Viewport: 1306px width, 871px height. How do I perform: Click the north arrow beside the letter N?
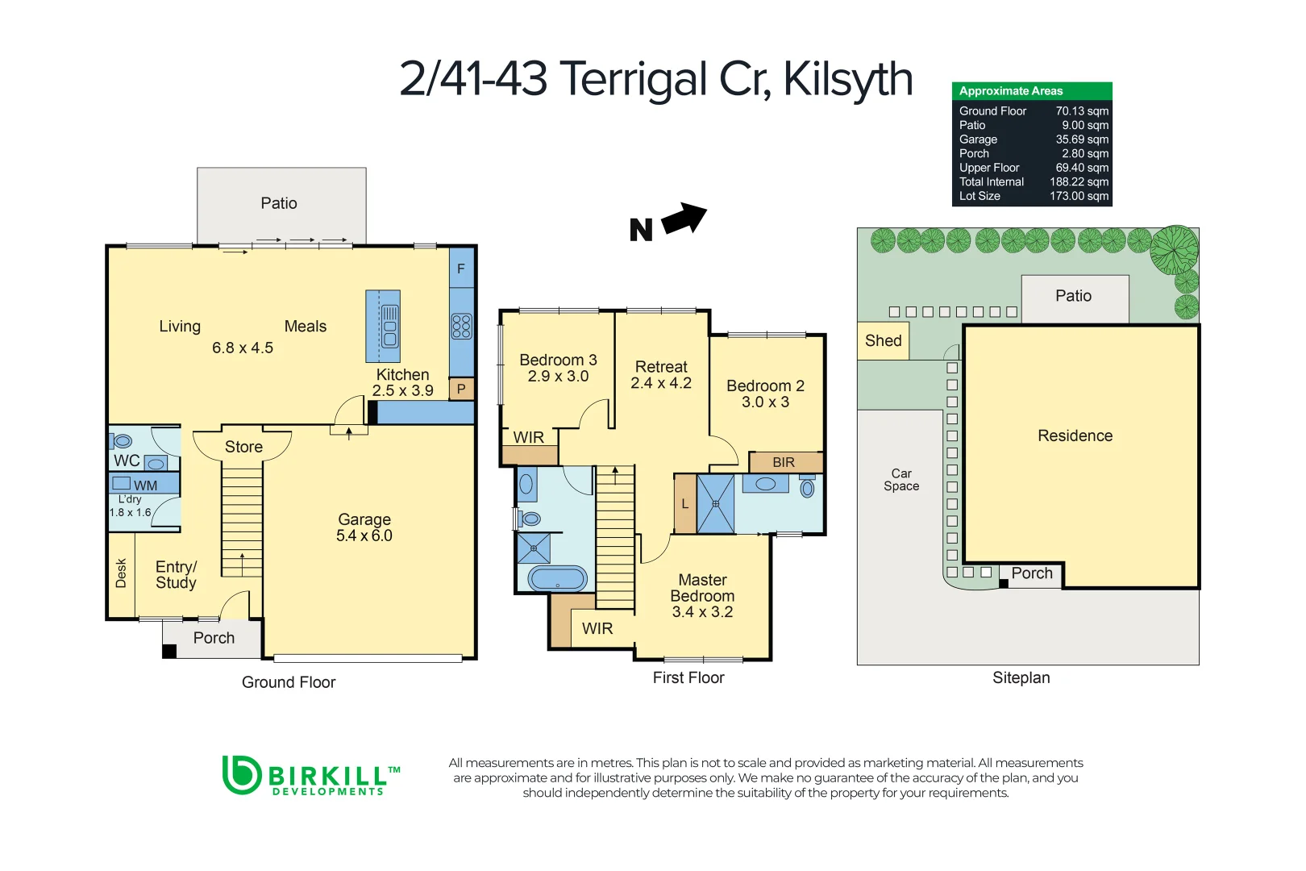click(x=684, y=219)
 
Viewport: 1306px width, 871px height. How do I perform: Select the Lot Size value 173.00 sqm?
click(x=1079, y=196)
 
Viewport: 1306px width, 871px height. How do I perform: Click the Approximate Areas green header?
click(x=1031, y=91)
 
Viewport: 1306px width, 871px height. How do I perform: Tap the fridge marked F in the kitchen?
click(x=461, y=269)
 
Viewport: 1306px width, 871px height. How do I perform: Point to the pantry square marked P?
click(x=461, y=389)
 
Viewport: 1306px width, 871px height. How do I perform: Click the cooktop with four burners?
click(x=461, y=326)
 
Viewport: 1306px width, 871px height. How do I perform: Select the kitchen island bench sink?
click(x=389, y=326)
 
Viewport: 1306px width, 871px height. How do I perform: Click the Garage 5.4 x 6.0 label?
click(x=364, y=527)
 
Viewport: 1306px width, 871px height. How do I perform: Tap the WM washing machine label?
click(x=145, y=485)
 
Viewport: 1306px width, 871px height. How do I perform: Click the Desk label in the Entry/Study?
click(x=121, y=573)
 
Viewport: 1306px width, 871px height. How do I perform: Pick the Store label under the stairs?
click(x=243, y=447)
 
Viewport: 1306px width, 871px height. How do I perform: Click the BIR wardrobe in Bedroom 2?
click(x=784, y=462)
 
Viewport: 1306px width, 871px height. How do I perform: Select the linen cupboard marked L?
click(x=685, y=504)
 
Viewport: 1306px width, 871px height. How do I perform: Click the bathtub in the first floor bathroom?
click(x=557, y=578)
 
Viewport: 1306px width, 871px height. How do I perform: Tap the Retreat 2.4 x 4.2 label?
click(x=661, y=375)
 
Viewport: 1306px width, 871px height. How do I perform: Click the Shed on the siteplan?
click(x=883, y=340)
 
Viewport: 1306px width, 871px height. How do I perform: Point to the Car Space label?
click(x=900, y=480)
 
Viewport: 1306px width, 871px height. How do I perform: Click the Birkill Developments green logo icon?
click(x=241, y=774)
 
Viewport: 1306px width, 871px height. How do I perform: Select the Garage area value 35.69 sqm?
click(x=1082, y=140)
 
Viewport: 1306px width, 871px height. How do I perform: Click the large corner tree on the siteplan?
click(x=1175, y=249)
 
